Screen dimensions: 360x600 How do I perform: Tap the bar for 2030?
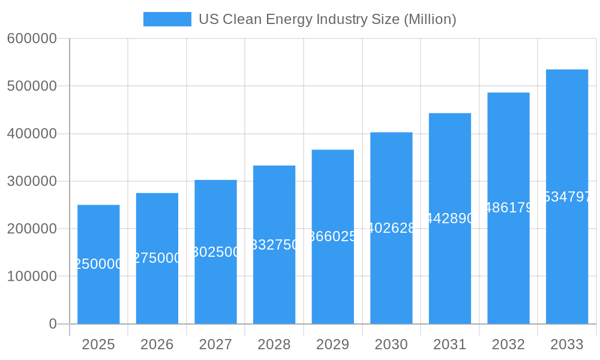(391, 270)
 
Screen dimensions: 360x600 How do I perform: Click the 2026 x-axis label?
(157, 344)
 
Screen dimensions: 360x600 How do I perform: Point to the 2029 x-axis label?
(332, 344)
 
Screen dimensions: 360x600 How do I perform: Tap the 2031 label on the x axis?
(449, 344)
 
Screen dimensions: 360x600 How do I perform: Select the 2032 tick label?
(508, 344)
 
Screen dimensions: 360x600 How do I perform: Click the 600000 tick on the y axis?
(32, 38)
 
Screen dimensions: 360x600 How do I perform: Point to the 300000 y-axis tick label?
(32, 181)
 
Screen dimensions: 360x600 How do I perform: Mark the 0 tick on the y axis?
(53, 324)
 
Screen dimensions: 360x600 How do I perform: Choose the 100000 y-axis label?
(32, 277)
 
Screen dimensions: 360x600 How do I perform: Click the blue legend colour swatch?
(167, 19)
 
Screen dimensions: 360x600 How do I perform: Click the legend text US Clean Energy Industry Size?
(327, 19)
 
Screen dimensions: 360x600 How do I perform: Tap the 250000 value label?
(98, 264)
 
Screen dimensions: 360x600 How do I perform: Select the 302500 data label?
(215, 252)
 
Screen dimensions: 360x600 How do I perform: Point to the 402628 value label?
(391, 228)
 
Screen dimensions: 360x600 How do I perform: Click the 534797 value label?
(567, 197)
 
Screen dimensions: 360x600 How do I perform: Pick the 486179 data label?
(508, 208)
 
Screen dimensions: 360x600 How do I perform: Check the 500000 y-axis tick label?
(32, 86)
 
